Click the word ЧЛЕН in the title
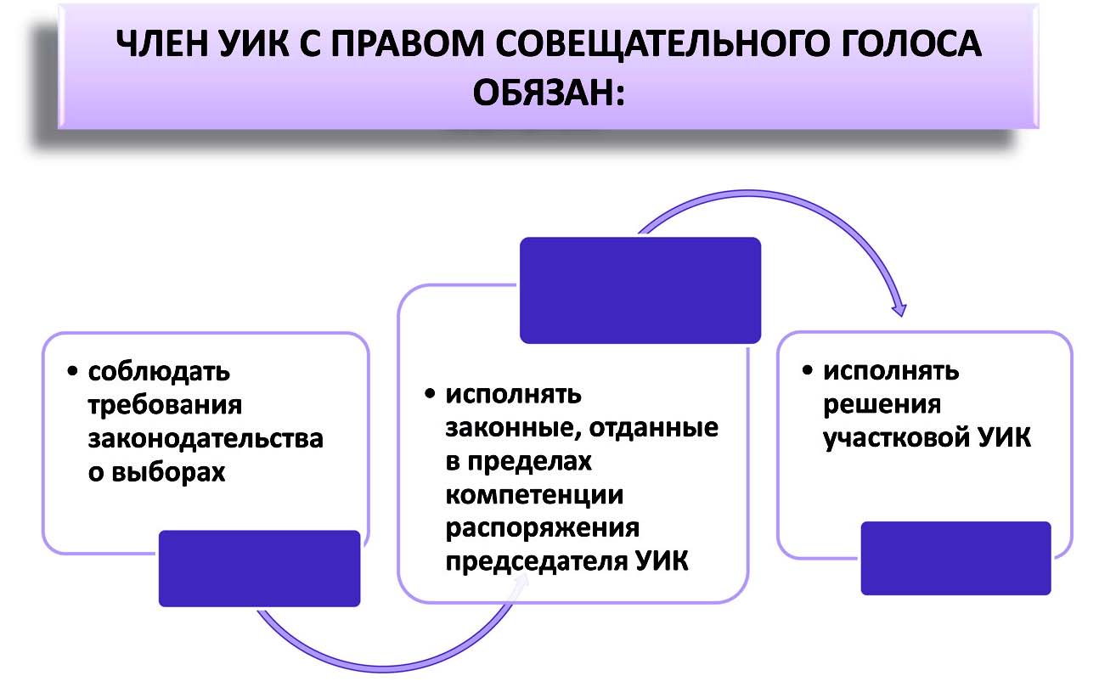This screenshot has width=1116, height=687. point(161,43)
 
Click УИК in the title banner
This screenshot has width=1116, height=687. point(254,43)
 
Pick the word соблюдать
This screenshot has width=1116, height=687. point(159,372)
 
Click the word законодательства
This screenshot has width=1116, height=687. point(206,439)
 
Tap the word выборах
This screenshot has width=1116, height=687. point(168,472)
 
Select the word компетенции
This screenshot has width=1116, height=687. point(534,496)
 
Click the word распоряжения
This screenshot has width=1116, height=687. point(543,529)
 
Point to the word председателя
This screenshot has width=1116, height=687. point(536,562)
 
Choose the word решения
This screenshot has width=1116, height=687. point(882,404)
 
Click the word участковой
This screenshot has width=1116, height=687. point(895,438)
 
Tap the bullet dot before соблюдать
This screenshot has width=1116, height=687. point(72,371)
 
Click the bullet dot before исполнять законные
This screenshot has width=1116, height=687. point(430,394)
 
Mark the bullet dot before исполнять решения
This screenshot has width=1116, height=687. point(808,370)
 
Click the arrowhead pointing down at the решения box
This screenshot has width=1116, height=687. point(899,310)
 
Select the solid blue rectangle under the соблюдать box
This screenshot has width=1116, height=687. point(260,568)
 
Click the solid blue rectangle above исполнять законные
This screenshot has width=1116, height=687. point(640,290)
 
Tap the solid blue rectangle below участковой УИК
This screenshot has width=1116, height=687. point(956,558)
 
